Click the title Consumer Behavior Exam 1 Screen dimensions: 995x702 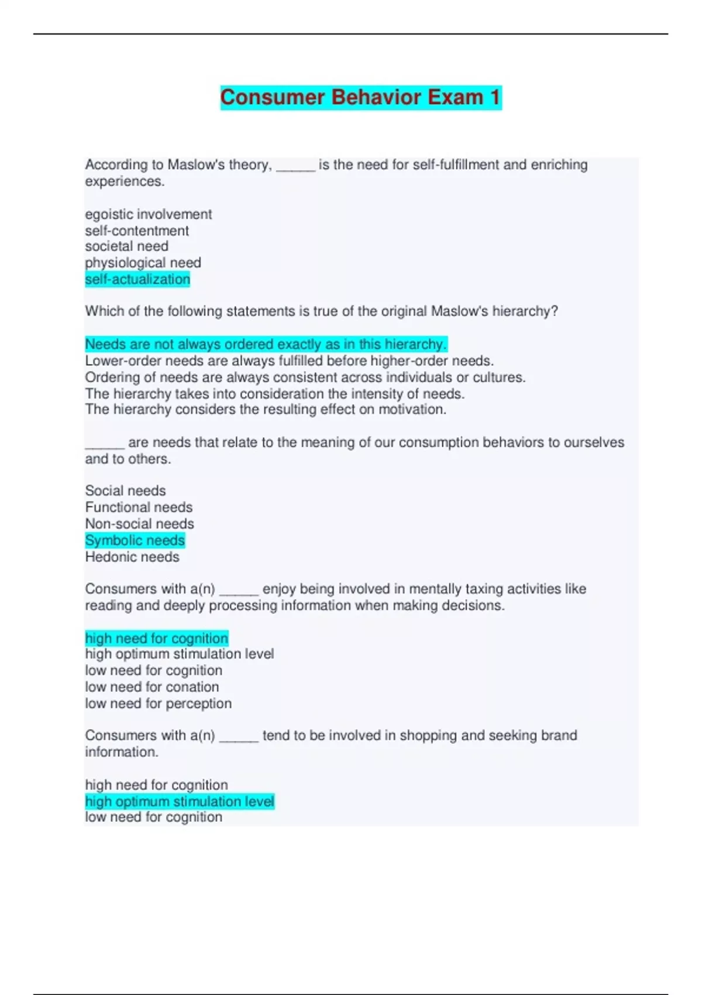point(360,97)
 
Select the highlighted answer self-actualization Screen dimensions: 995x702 point(137,279)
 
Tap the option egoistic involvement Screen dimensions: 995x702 point(149,214)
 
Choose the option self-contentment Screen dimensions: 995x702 point(137,231)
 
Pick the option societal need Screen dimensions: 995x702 point(126,246)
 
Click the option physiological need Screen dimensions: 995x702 point(143,263)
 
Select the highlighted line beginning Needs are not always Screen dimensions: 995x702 point(266,344)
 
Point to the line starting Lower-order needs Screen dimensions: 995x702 point(289,361)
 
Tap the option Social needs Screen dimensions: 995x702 point(125,490)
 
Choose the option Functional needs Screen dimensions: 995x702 point(139,507)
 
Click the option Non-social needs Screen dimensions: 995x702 point(139,524)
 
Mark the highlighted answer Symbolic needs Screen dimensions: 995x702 point(135,540)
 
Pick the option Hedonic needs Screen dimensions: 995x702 point(132,557)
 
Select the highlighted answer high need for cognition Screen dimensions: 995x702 point(156,638)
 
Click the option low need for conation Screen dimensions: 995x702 point(152,687)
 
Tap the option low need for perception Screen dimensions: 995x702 point(158,703)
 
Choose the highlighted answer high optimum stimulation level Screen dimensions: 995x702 point(180,801)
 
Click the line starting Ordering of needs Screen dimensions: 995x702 point(305,377)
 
